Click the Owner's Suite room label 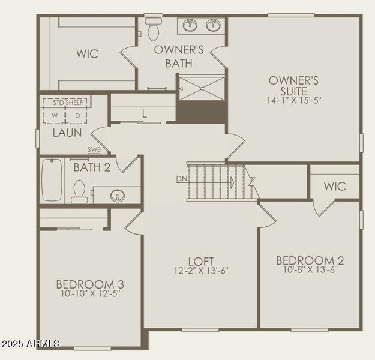[293, 85]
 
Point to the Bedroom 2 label [310, 260]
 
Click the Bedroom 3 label [90, 284]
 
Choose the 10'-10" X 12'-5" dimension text [90, 294]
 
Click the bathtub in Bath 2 [52, 180]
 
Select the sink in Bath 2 [118, 195]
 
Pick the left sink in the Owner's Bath [191, 25]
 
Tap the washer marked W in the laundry [54, 115]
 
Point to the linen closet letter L [144, 112]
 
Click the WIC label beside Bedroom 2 [335, 186]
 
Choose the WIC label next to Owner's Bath [87, 53]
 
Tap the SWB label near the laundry [94, 150]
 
